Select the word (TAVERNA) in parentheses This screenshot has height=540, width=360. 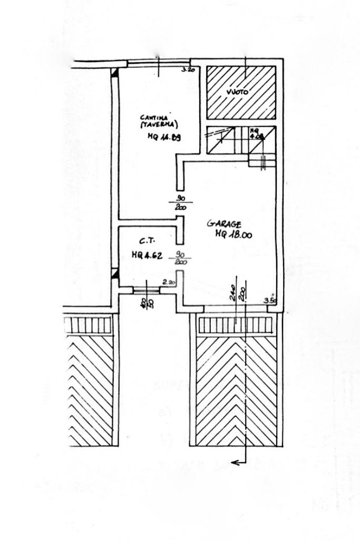pyautogui.click(x=159, y=125)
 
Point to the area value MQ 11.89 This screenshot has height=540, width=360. pyautogui.click(x=164, y=138)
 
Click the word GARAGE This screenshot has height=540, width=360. pyautogui.click(x=224, y=224)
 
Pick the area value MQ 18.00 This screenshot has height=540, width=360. pyautogui.click(x=233, y=235)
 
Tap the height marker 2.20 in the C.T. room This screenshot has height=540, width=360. pyautogui.click(x=169, y=282)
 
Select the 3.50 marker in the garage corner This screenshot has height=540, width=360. pyautogui.click(x=270, y=301)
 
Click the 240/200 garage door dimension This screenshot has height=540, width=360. pyautogui.click(x=237, y=292)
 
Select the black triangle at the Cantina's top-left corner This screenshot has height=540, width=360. pyautogui.click(x=114, y=74)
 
